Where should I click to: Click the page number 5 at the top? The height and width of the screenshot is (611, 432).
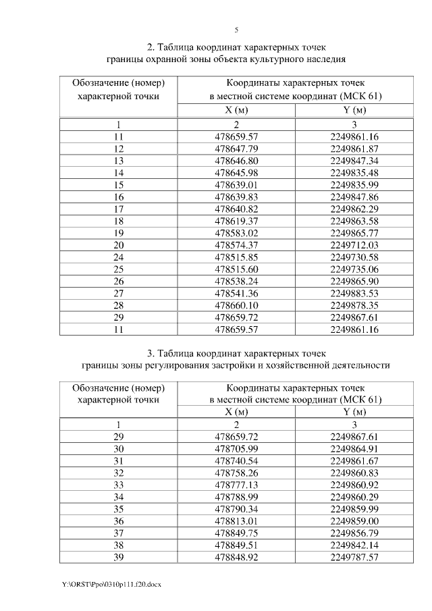tap(236, 30)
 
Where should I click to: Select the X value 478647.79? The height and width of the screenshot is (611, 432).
tap(236, 149)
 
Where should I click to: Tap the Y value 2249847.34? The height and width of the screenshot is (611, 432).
tap(354, 160)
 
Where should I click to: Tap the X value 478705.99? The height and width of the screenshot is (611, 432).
tap(236, 449)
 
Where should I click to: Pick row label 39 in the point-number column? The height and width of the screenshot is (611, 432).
tap(118, 558)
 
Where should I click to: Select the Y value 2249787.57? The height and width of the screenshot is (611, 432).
tap(354, 558)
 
